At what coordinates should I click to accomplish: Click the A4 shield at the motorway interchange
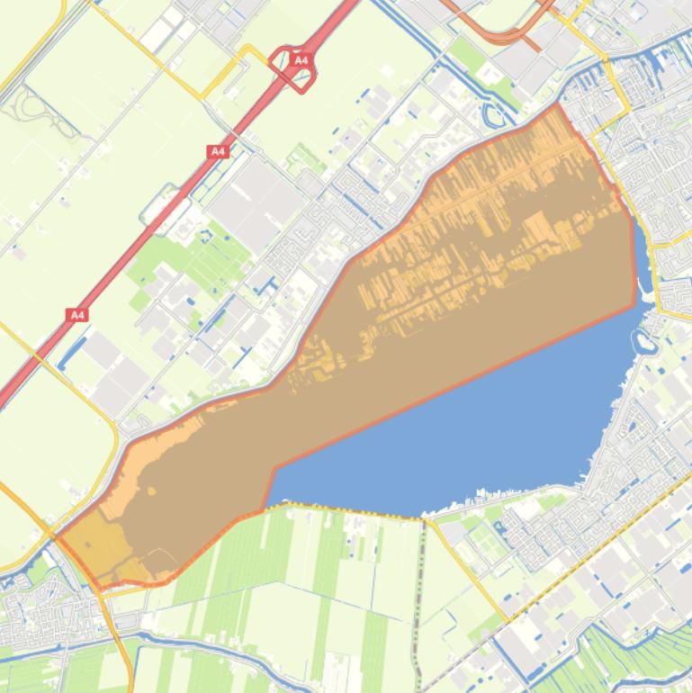[301, 60]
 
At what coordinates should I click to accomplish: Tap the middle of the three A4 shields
[218, 152]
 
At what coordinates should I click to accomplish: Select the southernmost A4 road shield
[77, 314]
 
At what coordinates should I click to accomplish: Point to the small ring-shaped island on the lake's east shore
[644, 341]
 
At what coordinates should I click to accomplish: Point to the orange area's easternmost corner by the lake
[635, 304]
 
